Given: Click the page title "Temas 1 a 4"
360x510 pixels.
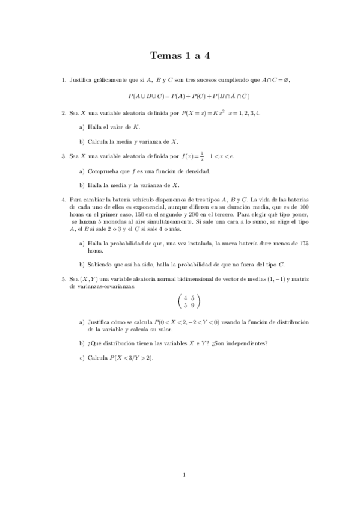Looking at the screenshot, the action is click(x=180, y=56).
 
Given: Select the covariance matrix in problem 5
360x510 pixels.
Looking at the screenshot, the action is click(x=189, y=301).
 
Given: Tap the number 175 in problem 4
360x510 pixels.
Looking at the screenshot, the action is click(x=304, y=244).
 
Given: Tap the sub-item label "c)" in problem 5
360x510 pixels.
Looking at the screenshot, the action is click(x=82, y=358).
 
